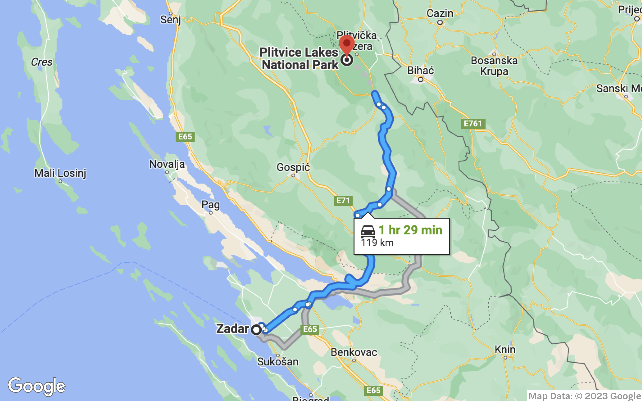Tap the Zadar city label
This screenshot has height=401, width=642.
point(232,329)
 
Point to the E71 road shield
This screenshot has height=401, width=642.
point(343,200)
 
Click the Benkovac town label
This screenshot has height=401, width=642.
point(354,352)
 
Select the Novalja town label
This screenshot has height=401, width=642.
point(167,164)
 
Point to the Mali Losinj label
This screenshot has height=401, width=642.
point(60,173)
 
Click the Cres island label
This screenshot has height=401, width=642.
point(42,62)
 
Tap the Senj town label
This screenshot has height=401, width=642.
point(170,20)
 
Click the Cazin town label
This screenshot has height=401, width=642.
point(440,13)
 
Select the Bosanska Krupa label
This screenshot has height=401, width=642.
point(494,66)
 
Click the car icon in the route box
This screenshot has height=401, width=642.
point(368,232)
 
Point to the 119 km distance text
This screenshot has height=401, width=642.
point(377,243)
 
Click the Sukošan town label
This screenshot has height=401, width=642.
point(277,362)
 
